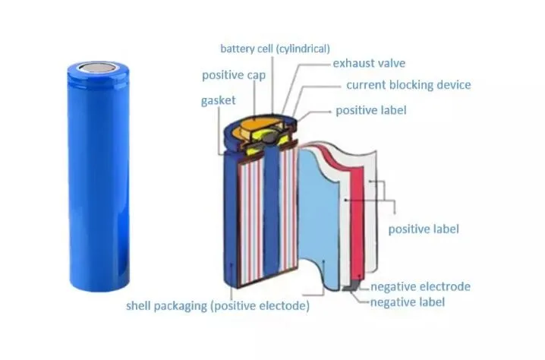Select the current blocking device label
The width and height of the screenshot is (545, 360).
click(408, 85)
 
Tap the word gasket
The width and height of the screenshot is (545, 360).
click(219, 100)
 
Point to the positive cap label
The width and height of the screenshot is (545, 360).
click(233, 75)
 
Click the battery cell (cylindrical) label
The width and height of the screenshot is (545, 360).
click(275, 49)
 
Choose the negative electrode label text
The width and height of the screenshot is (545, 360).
click(420, 286)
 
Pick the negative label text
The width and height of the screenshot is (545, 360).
click(407, 302)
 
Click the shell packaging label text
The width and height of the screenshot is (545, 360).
click(218, 306)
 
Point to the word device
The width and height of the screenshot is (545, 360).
click(453, 85)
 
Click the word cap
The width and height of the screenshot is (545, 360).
click(255, 75)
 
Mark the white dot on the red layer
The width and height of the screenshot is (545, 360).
click(345, 200)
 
